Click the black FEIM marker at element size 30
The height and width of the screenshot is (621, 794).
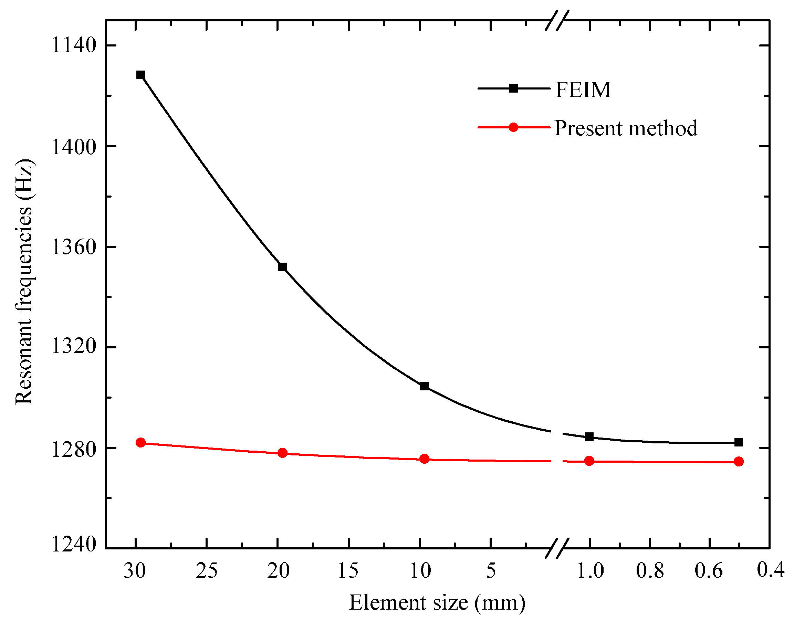tap(140, 75)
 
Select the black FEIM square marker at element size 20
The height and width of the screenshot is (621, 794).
tap(282, 267)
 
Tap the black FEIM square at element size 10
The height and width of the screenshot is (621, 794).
tap(424, 386)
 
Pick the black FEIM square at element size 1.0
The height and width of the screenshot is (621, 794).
tap(589, 437)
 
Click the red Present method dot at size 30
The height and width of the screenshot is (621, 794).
tap(140, 442)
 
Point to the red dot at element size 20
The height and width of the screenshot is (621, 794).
tap(282, 453)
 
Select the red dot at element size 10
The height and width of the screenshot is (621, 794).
tap(424, 459)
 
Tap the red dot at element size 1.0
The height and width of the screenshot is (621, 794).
tap(589, 461)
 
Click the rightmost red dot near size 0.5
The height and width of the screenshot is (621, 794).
tap(738, 462)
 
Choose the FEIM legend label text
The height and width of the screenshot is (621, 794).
tap(583, 90)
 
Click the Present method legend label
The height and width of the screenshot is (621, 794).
tap(626, 128)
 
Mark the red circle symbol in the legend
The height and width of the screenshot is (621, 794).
tap(513, 127)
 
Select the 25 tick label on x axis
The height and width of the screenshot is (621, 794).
tap(207, 571)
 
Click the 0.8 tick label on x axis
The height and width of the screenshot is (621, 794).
tap(650, 571)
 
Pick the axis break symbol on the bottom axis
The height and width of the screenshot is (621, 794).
tap(556, 548)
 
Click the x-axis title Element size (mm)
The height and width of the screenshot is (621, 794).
tap(437, 603)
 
